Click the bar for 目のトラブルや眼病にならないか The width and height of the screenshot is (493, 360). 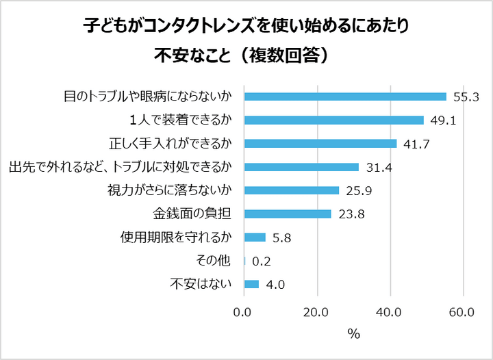click(x=345, y=97)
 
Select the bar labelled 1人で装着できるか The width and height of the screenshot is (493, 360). click(x=334, y=120)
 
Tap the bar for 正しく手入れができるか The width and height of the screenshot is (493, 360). click(x=320, y=144)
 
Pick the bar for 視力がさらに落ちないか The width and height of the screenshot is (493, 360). click(x=292, y=190)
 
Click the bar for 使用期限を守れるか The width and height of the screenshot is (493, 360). click(x=255, y=237)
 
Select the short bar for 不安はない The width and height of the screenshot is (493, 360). click(x=251, y=284)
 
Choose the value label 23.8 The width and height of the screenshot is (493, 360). click(x=351, y=214)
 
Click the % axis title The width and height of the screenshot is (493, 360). click(x=353, y=334)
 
